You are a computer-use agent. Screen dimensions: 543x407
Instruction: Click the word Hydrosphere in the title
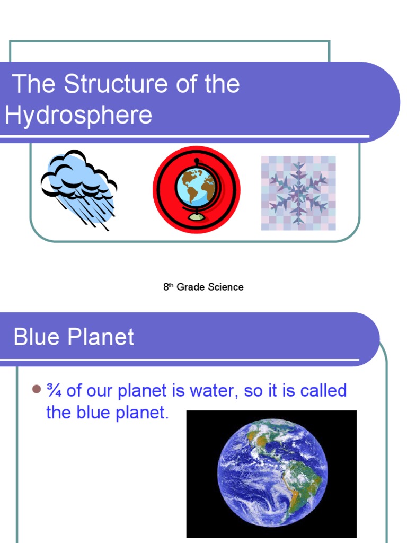(x=78, y=115)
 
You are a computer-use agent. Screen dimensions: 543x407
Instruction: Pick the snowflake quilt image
(x=298, y=193)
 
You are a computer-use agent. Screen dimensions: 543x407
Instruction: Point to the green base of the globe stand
(x=196, y=217)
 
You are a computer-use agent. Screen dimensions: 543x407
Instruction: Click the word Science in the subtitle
(x=226, y=287)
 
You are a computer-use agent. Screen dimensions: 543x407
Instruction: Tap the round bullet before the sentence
(x=36, y=390)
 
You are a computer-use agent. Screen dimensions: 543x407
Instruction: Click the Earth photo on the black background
(x=271, y=474)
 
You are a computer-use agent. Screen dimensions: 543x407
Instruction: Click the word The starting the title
(x=34, y=85)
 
